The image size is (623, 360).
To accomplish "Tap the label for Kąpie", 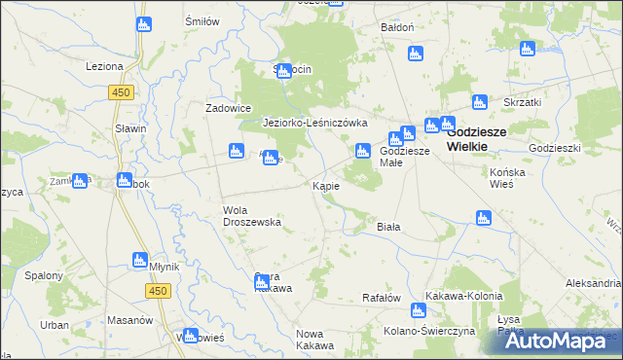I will [325, 186].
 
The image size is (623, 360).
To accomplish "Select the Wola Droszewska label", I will [252, 215].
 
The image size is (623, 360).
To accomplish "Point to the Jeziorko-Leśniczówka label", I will [314, 123].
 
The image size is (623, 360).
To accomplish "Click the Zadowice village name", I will [229, 108].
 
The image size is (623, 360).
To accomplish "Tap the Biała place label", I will [388, 226].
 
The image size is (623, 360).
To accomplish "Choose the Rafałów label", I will [382, 298].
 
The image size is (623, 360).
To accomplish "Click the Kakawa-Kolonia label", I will [463, 296].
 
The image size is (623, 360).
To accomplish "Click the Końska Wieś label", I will [507, 177].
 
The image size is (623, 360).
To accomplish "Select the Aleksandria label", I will [593, 282].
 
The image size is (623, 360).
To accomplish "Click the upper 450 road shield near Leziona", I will [121, 91].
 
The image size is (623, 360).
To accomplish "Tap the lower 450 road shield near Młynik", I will [158, 291].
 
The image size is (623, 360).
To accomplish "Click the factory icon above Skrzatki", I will [528, 50].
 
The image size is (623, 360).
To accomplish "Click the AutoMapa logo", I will [556, 340].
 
